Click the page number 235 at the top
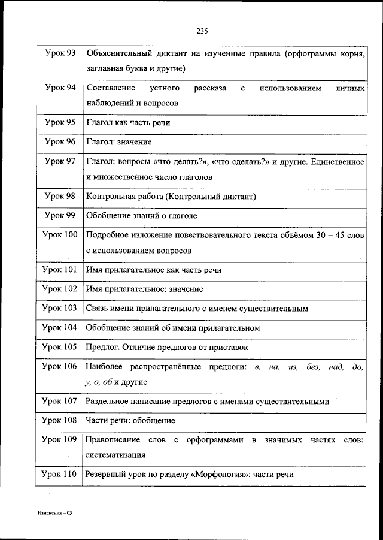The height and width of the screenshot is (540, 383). pyautogui.click(x=201, y=32)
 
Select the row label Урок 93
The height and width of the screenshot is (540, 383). pyautogui.click(x=60, y=54)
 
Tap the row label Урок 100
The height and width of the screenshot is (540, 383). pyautogui.click(x=60, y=235)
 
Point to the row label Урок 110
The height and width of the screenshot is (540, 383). pyautogui.click(x=60, y=474)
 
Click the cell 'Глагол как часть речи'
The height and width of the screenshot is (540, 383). pyautogui.click(x=128, y=122)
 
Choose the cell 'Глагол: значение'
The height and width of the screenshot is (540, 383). pyautogui.click(x=118, y=142)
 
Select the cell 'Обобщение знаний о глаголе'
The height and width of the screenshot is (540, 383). pyautogui.click(x=141, y=215)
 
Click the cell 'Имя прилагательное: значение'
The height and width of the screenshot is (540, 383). pyautogui.click(x=144, y=289)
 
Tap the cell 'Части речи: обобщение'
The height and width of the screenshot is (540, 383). pyautogui.click(x=130, y=420)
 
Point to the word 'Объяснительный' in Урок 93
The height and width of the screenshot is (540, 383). pyautogui.click(x=118, y=54)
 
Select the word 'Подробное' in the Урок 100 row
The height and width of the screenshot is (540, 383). pyautogui.click(x=106, y=235)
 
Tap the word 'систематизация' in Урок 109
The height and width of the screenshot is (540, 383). pyautogui.click(x=115, y=454)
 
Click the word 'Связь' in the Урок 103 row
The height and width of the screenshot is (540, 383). pyautogui.click(x=98, y=308)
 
